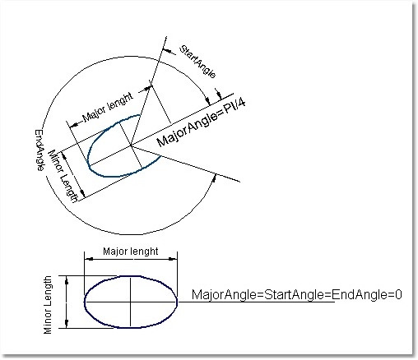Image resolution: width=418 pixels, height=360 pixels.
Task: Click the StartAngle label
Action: (197, 62)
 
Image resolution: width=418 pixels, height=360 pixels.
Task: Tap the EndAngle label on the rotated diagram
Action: (40, 150)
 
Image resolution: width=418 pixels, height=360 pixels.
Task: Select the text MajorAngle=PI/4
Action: (201, 123)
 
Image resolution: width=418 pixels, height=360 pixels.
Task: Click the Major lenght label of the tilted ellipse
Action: (108, 107)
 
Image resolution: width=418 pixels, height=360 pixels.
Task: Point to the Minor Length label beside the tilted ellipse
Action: (63, 176)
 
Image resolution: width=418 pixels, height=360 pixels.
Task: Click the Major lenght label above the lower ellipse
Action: (131, 252)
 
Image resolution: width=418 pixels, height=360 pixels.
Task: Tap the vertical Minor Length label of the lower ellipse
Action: (48, 305)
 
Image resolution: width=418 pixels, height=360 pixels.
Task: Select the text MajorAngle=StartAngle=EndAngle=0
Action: (297, 294)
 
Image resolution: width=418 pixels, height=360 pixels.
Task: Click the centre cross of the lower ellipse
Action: (131, 302)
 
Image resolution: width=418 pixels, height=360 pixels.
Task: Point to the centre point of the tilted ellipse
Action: (131, 145)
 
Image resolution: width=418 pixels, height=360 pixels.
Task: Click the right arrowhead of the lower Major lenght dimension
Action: (173, 259)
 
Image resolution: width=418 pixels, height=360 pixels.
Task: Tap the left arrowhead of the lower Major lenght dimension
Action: (89, 259)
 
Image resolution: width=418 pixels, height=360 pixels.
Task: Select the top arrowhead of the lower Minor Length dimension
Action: (67, 280)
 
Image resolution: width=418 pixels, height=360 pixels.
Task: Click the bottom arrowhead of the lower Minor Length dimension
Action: (67, 323)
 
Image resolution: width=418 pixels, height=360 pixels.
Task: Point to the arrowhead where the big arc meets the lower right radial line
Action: (214, 178)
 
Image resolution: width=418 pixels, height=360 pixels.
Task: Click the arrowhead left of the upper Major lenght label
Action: (74, 125)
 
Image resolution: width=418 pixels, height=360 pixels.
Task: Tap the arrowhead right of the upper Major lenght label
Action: (147, 88)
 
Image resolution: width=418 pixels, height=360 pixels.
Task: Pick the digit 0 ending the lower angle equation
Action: (399, 294)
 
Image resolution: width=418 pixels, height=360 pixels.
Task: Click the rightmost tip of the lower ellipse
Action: (177, 302)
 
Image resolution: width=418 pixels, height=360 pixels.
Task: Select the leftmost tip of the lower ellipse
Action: (85, 302)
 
